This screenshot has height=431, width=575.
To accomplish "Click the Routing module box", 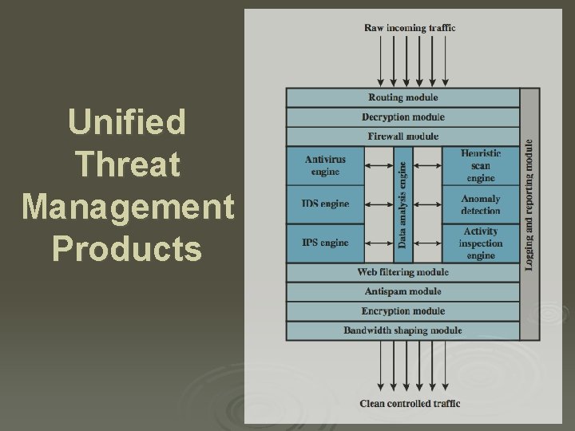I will click(x=402, y=97).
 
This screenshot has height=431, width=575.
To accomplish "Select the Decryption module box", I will click(x=402, y=117).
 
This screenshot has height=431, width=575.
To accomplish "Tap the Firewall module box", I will click(x=402, y=136).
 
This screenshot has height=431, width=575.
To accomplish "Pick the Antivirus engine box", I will click(x=325, y=165).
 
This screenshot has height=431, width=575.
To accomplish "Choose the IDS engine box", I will click(x=325, y=204).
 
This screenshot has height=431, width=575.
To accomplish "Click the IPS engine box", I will click(x=325, y=243).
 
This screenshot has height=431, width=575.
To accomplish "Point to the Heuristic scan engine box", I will click(x=480, y=165).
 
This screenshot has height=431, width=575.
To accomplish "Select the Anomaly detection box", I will click(x=480, y=204).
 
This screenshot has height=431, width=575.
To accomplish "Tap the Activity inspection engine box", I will click(x=480, y=243).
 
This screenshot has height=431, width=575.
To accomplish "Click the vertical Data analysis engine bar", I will click(x=402, y=204).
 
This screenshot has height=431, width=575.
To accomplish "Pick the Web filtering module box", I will click(x=402, y=272).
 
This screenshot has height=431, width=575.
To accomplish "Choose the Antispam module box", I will click(x=402, y=291).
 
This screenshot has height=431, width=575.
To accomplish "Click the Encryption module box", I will click(x=402, y=311).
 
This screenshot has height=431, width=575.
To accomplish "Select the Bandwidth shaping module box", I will click(x=402, y=330).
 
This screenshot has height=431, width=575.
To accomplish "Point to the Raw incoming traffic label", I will click(x=410, y=28).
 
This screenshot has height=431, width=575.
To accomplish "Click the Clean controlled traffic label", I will click(x=410, y=404).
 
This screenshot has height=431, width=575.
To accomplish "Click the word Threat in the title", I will click(x=127, y=164).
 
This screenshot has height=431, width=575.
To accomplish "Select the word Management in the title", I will click(x=128, y=207).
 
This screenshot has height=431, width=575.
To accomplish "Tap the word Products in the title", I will click(x=127, y=249).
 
